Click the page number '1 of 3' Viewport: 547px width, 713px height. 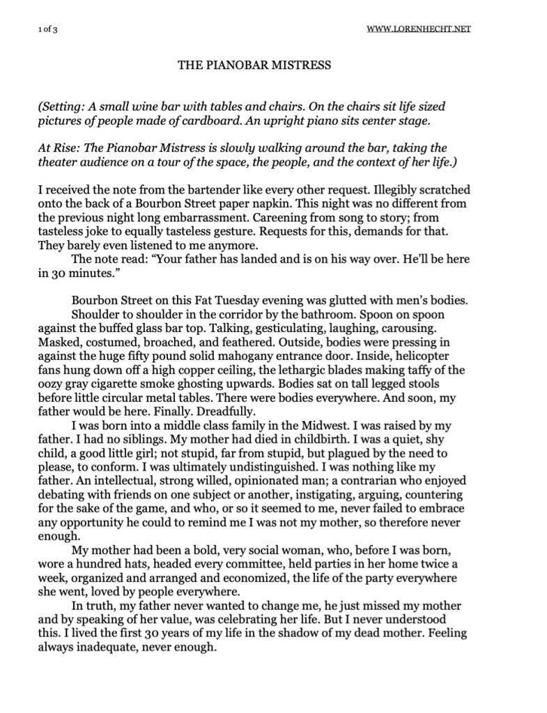click(48, 29)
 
